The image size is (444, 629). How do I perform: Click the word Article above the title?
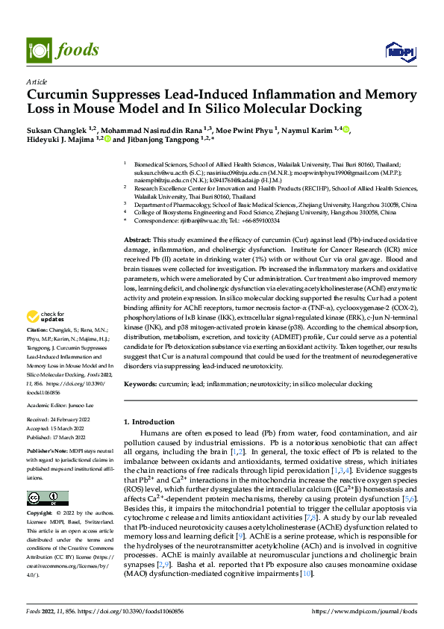[x=37, y=81]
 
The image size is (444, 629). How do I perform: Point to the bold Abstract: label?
[x=137, y=237]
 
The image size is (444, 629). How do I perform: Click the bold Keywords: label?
[x=140, y=384]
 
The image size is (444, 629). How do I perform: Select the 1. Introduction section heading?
[x=152, y=422]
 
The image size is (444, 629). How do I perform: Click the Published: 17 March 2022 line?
[x=57, y=438]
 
